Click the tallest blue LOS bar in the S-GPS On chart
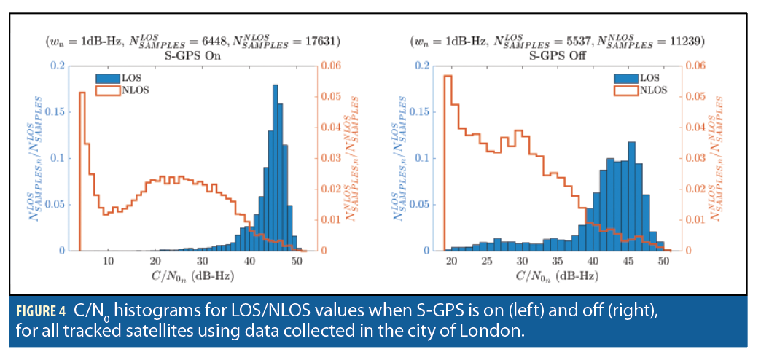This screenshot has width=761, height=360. (276, 168)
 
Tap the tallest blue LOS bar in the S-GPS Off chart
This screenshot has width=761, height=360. (631, 197)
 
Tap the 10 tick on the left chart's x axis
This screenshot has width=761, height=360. (109, 261)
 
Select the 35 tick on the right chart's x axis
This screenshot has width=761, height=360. (557, 261)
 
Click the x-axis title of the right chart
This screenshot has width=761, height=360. (556, 276)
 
